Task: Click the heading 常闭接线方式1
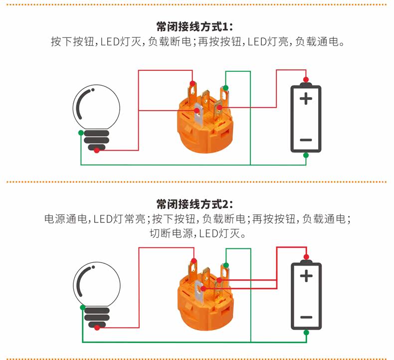pos(195,27)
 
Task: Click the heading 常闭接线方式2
pos(195,204)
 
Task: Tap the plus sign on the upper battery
pos(306,99)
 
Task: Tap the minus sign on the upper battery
pos(306,140)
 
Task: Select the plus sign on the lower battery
pos(306,276)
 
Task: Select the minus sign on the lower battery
pos(306,317)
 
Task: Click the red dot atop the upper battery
pos(306,80)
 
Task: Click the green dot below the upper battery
pos(306,155)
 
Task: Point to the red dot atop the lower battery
pos(306,257)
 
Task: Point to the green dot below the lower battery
pos(306,333)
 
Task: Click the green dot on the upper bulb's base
pos(81,133)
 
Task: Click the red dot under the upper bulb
pos(96,151)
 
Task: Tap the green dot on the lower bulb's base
pos(83,308)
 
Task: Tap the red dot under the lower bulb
pos(97,328)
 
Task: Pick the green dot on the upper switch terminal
pos(225,88)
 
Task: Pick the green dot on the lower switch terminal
pos(226,265)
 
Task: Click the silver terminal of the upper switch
pos(199,115)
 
